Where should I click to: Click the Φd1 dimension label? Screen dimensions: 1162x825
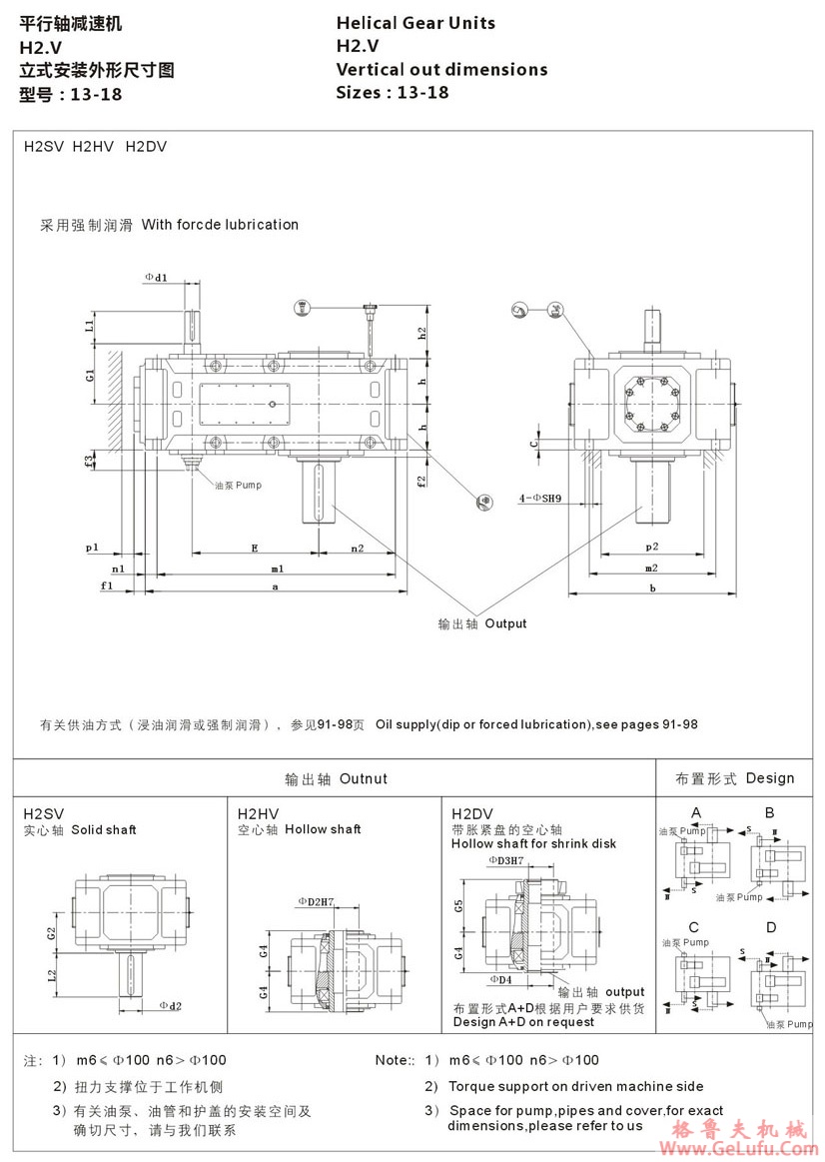click(x=156, y=277)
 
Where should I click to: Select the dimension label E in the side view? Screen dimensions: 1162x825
click(x=255, y=548)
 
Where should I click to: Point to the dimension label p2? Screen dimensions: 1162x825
click(x=651, y=547)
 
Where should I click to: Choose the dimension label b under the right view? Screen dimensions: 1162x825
click(x=652, y=588)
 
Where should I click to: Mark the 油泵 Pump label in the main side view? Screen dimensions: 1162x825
click(x=238, y=485)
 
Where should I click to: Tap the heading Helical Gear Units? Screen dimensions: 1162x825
click(x=415, y=23)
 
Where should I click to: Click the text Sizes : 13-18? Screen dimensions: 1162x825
click(x=393, y=93)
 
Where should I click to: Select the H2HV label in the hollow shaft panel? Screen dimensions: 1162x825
click(x=254, y=813)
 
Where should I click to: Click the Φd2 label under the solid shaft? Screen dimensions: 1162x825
click(x=171, y=1005)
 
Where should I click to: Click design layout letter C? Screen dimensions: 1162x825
click(x=694, y=927)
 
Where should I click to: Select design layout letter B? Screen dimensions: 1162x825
click(x=770, y=813)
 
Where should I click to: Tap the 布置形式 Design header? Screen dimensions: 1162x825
click(x=735, y=778)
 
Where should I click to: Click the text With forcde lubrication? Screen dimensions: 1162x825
click(x=220, y=225)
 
